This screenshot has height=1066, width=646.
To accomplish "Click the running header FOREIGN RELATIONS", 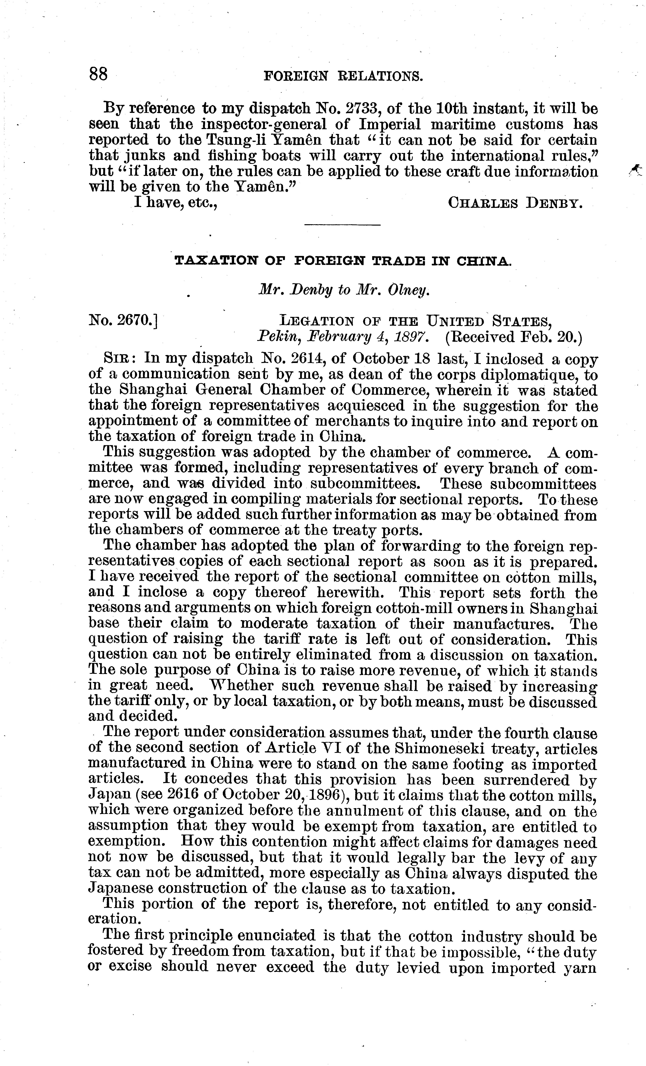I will point(343,76).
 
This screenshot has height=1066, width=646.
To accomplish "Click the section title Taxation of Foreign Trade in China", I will point(343,261).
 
